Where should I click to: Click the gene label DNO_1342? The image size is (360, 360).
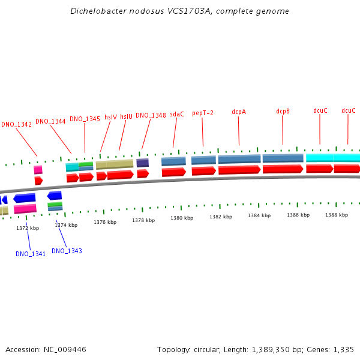click(16, 125)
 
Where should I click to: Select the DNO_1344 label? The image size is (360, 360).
click(50, 121)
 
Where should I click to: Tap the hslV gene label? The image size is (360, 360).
click(111, 118)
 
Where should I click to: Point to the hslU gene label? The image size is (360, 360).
click(126, 117)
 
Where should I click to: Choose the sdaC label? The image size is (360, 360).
click(177, 114)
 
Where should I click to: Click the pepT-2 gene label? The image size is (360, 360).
click(203, 113)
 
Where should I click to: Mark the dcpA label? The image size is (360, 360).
click(239, 112)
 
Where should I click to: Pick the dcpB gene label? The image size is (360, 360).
click(283, 111)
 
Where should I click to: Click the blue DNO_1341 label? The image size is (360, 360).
click(31, 254)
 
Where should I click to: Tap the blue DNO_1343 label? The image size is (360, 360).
click(67, 251)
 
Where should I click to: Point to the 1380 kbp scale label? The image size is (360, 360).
click(182, 218)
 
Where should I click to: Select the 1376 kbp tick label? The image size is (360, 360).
click(105, 222)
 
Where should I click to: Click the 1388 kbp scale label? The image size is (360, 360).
click(337, 214)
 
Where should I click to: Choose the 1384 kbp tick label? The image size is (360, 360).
click(259, 215)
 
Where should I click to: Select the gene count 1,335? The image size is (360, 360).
click(343, 349)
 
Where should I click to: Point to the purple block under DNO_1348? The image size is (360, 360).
click(142, 163)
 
